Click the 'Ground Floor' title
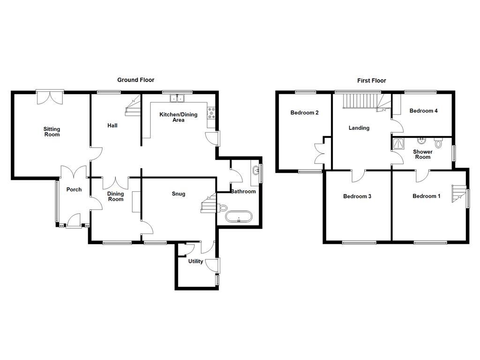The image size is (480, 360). point(135,80)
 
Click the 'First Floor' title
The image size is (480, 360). point(371,81)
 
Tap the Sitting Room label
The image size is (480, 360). point(52,132)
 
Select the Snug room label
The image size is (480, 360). point(178,194)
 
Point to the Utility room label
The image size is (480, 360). point(195,261)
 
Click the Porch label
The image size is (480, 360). point(74,189)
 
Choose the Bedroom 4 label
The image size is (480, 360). point(423,111)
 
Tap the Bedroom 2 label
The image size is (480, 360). point(304,112)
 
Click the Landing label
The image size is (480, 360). point(359,127)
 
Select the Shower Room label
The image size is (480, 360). point(422,154)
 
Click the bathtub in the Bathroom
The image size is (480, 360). point(239,217)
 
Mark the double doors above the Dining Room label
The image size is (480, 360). point(116,181)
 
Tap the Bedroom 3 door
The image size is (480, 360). point(359,174)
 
